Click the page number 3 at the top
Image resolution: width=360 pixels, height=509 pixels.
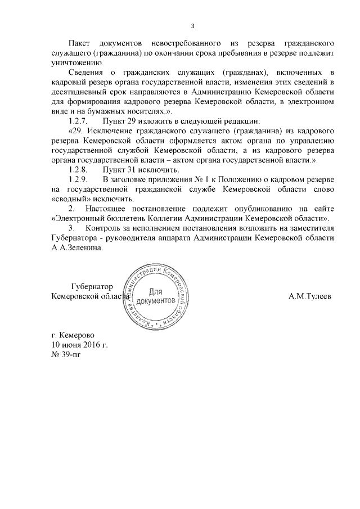coord(193,25)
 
